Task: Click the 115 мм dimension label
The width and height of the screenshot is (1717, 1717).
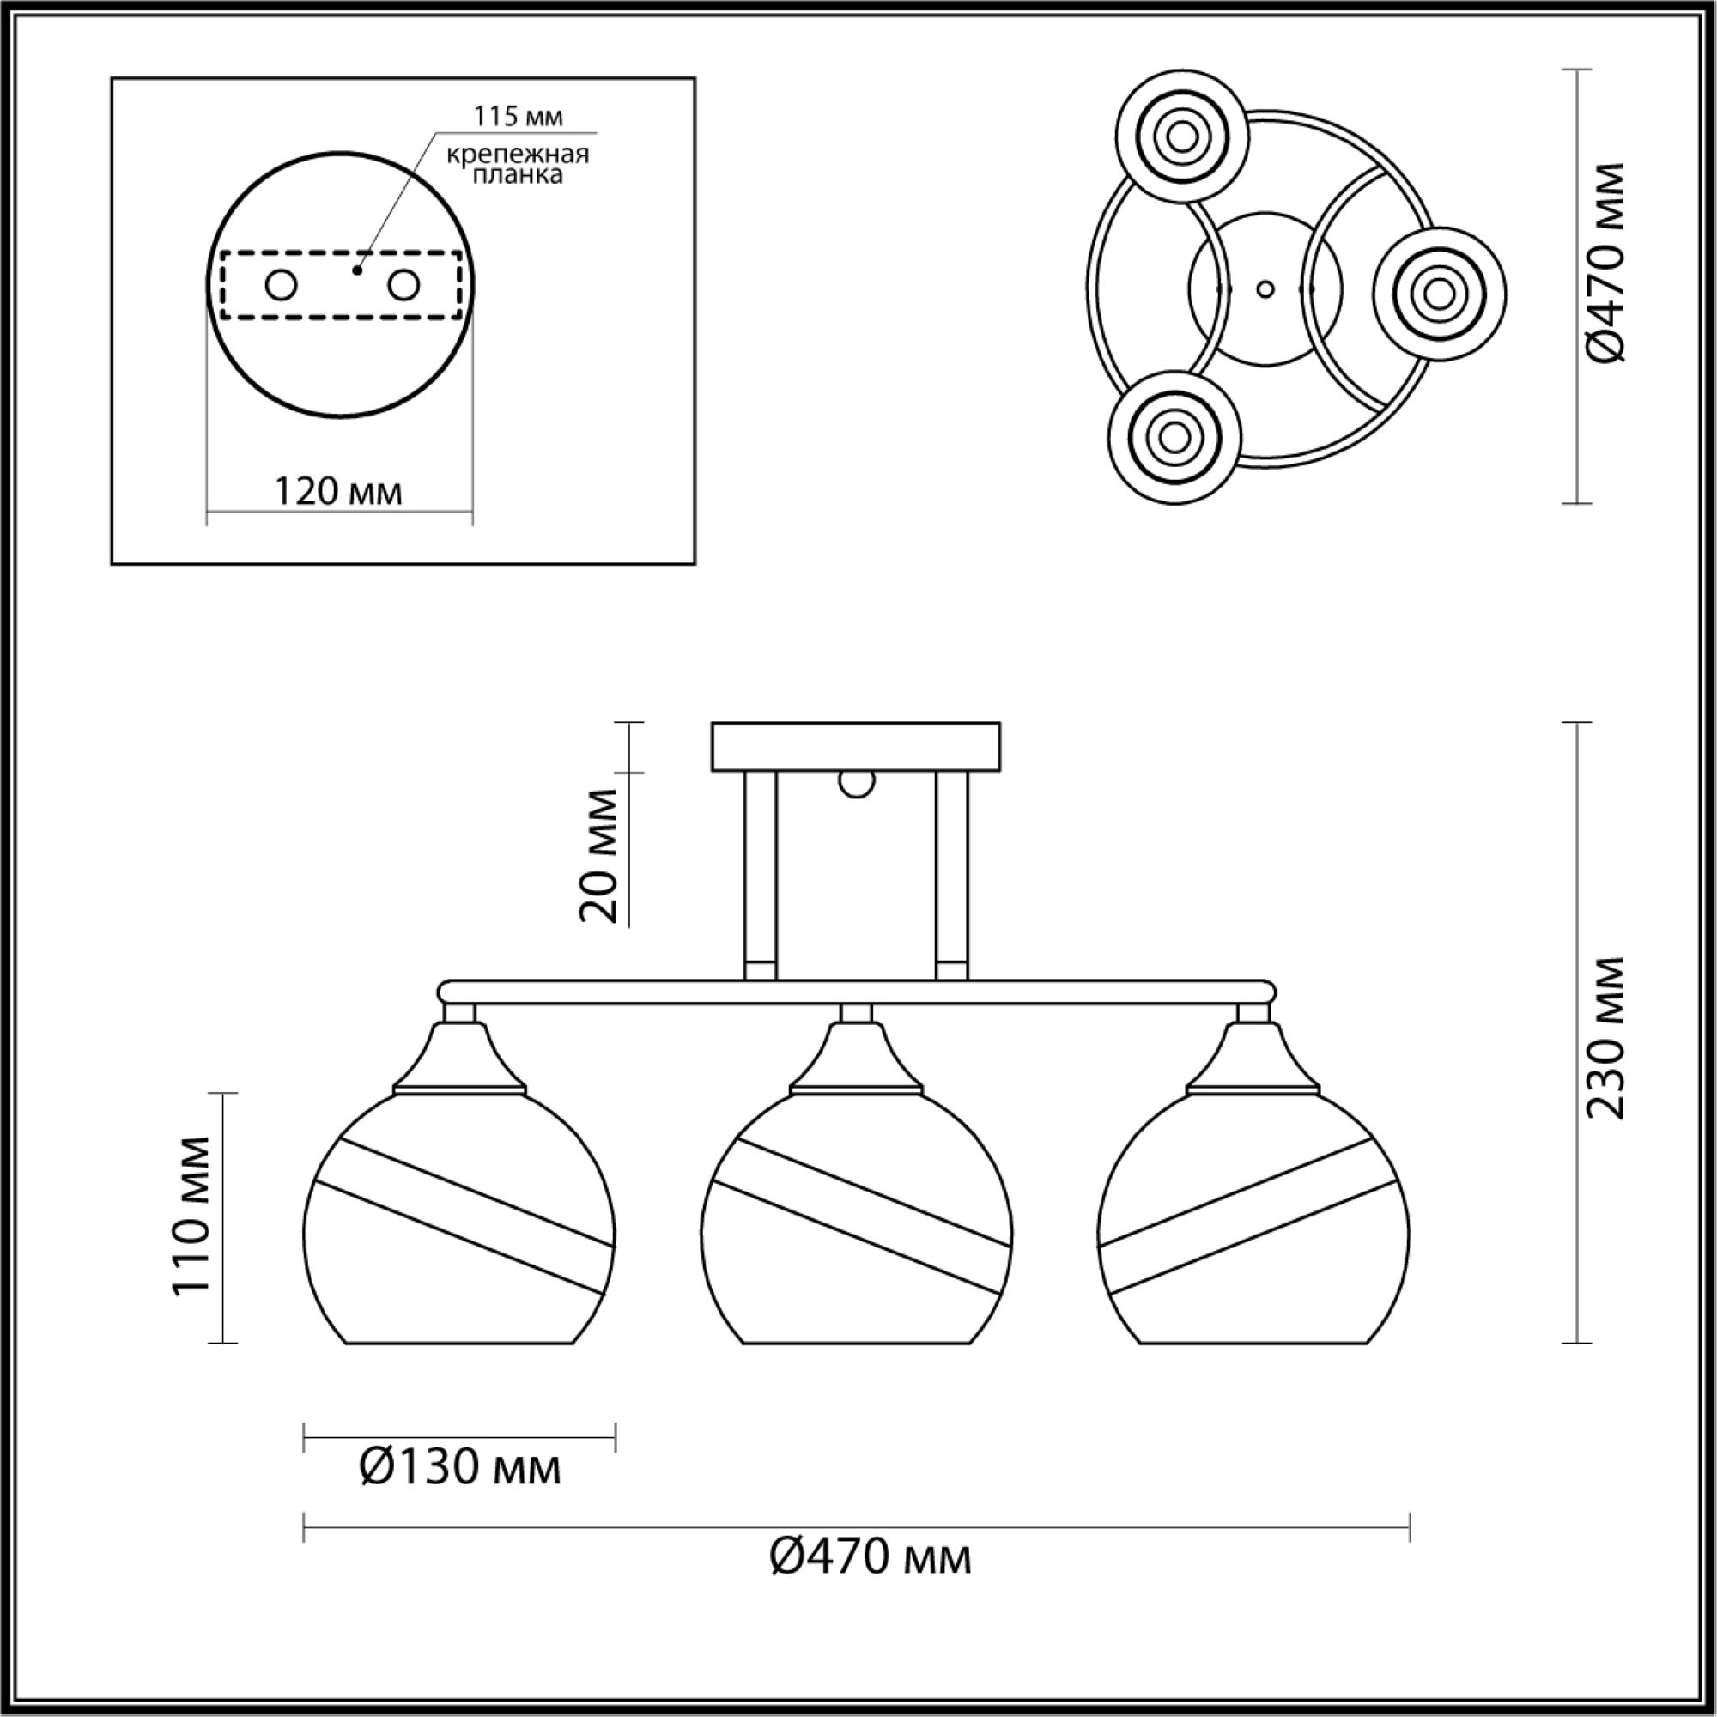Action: point(519,117)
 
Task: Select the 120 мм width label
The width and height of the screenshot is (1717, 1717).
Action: point(337,490)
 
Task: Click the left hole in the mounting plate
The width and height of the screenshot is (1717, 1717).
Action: point(282,286)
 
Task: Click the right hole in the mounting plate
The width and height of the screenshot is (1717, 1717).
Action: point(403,285)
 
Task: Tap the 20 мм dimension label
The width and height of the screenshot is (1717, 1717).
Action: point(598,855)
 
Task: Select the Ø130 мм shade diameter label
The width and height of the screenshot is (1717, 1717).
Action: point(460,1467)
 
